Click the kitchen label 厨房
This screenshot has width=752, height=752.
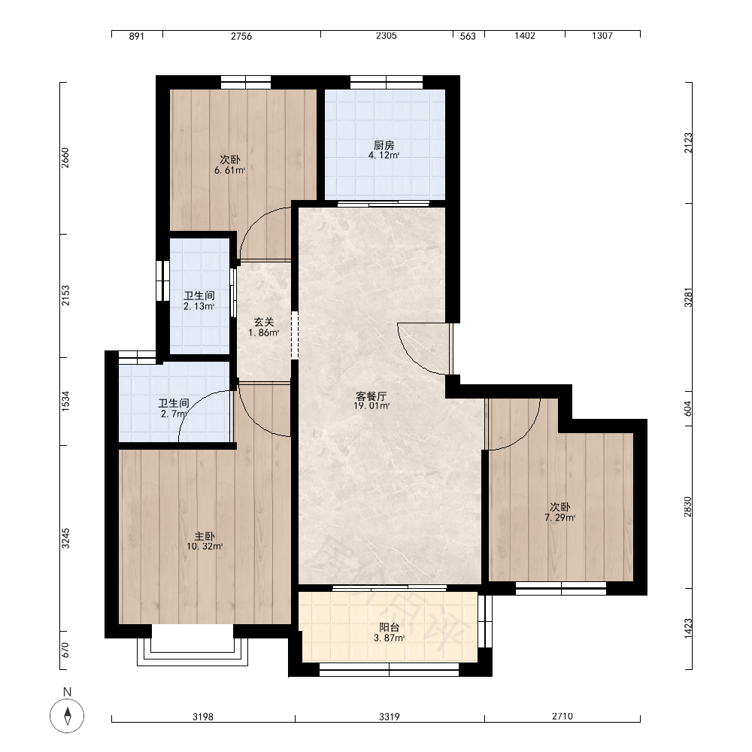point(384,145)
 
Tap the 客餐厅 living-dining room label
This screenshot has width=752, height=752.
point(371,396)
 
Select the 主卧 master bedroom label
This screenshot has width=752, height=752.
point(205,536)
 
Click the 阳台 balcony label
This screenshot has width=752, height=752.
point(389,627)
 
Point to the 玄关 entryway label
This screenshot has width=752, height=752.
point(264,323)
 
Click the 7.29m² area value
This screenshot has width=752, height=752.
point(559,518)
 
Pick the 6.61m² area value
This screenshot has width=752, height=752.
point(229,170)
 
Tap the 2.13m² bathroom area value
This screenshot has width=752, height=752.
point(199,307)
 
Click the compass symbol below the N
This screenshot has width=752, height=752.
point(67,716)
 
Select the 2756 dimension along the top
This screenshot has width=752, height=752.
point(241,36)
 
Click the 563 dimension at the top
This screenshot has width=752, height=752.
point(468,36)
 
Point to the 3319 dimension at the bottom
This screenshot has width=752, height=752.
point(389,717)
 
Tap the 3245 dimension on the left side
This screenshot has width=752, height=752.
point(65,538)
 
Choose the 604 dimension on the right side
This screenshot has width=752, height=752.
point(688,408)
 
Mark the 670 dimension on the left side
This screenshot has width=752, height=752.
point(65,650)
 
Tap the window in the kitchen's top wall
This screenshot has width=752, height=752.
point(386,83)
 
